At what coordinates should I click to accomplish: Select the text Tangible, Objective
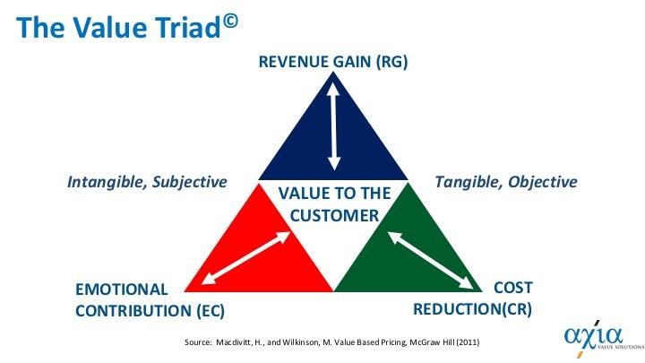pyautogui.click(x=505, y=182)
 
